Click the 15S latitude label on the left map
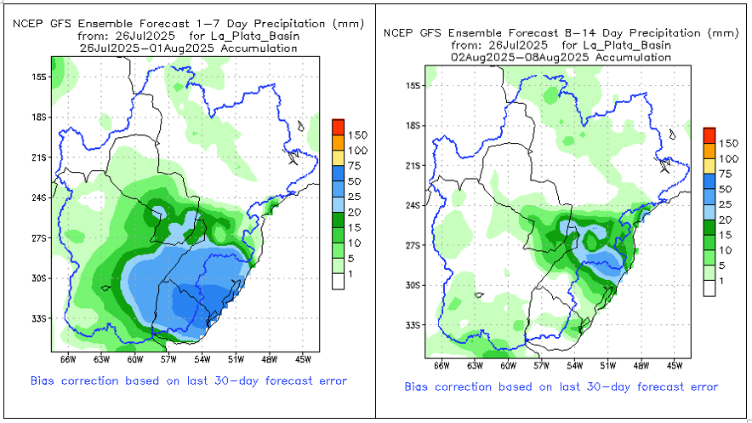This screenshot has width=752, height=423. (37, 77)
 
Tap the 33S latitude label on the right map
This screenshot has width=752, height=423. (414, 325)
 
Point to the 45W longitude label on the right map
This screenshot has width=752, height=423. (674, 366)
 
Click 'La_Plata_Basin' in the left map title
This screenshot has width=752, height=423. (255, 37)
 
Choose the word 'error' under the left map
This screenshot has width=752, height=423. (331, 380)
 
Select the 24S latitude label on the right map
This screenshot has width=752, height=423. (414, 205)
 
